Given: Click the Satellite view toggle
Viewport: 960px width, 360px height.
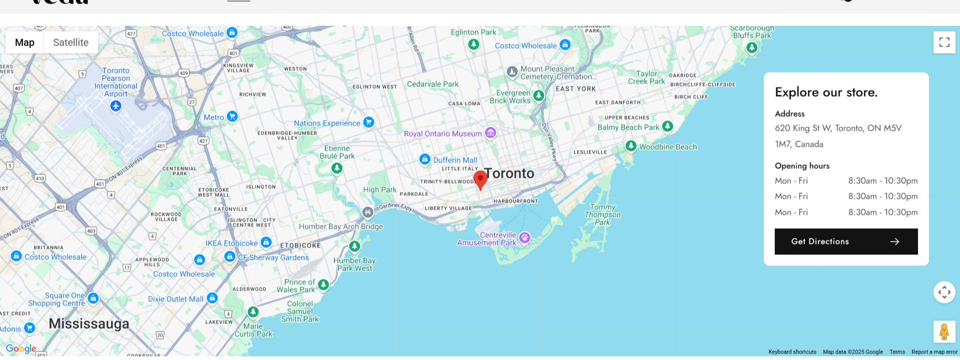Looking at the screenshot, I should click(x=71, y=43).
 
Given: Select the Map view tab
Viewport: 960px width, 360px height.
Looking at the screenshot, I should click(x=25, y=43).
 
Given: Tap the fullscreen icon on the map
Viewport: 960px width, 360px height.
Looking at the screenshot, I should click(x=944, y=43).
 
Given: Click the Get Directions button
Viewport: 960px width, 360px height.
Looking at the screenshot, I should click(x=846, y=241).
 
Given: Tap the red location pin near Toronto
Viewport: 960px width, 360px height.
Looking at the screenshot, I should click(x=480, y=179).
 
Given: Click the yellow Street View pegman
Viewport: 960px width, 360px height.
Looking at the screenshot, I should click(x=944, y=331).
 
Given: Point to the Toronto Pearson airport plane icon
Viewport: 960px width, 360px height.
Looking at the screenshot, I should click(x=116, y=106).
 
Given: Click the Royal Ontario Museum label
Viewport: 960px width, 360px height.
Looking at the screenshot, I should click(x=442, y=134).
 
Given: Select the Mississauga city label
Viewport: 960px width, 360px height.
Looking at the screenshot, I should click(x=89, y=323).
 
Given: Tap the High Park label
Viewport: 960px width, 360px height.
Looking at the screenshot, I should click(x=379, y=190).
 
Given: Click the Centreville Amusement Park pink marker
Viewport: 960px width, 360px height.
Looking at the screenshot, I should click(x=525, y=237).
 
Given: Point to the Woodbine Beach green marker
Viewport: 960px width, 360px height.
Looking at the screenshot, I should click(x=631, y=146).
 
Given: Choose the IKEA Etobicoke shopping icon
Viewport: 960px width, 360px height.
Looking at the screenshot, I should click(x=266, y=242).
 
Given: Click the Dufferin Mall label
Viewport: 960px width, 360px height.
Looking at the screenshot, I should click(x=454, y=160).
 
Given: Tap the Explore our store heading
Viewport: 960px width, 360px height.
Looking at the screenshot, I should click(x=826, y=92).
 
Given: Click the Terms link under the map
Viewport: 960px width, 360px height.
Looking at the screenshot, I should click(x=897, y=352).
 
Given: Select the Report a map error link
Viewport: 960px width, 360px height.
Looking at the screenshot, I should click(x=934, y=352).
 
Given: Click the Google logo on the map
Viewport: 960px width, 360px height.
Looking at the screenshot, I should click(x=21, y=348).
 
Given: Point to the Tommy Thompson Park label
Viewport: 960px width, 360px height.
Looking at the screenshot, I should click(x=603, y=215).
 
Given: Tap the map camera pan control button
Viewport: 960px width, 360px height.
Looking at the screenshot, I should click(x=944, y=292).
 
